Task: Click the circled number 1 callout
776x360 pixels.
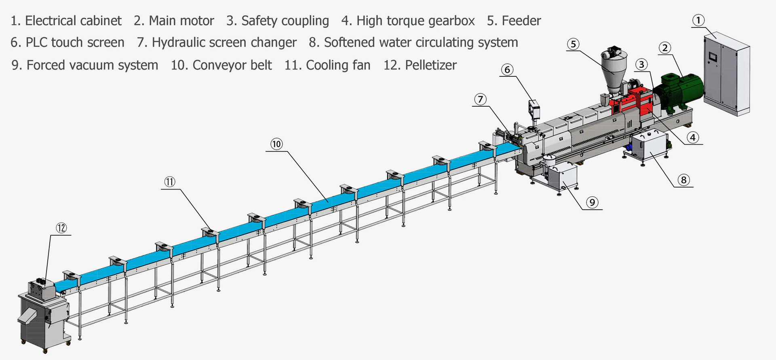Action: coord(698,20)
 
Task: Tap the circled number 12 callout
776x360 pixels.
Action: coord(61,228)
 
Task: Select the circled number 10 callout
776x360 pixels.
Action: coord(276,144)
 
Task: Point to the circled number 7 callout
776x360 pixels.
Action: coord(480,99)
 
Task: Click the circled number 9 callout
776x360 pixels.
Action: coord(592,202)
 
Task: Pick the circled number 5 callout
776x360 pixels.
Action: coord(573,44)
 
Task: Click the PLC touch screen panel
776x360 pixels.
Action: coord(534,108)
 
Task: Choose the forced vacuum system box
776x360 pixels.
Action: coord(562,176)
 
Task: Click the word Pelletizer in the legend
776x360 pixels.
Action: coord(431,65)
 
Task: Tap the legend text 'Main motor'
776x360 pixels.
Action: coord(181,21)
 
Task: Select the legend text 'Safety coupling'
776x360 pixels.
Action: coord(285,21)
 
